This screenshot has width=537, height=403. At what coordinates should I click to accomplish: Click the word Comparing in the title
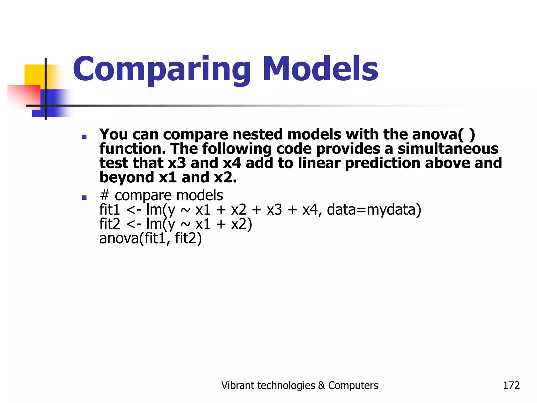point(161,70)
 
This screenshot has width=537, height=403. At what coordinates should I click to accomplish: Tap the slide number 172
point(511,385)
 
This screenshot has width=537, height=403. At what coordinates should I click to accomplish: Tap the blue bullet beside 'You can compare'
point(84,137)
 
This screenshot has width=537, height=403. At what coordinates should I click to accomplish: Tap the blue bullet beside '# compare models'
point(84,198)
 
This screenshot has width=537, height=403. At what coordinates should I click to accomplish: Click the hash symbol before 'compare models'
point(105,195)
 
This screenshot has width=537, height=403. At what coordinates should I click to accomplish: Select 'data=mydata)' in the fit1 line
point(374,210)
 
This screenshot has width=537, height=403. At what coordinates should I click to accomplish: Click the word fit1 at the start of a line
point(110,210)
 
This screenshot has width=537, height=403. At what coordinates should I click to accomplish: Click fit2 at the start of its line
point(110,224)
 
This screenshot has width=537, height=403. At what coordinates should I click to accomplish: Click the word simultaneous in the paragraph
point(448,149)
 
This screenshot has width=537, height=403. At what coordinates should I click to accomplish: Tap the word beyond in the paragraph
point(127,178)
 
